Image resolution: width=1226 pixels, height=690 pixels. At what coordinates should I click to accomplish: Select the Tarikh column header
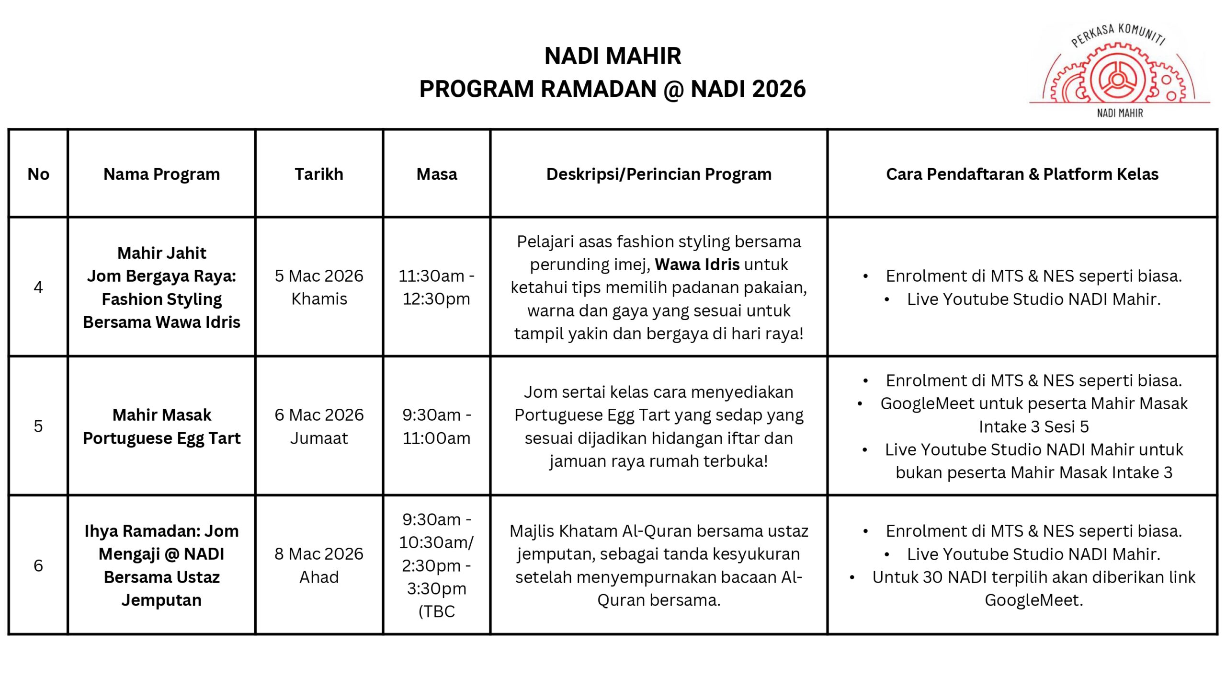[x=319, y=174]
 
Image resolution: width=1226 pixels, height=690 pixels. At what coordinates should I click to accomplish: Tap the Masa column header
[x=437, y=174]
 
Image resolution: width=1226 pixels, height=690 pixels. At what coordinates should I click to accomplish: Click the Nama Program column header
[x=162, y=174]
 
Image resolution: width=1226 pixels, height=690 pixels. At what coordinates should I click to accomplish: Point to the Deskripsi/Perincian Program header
[x=658, y=174]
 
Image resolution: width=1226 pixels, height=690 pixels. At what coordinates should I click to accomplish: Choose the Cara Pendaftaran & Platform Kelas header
[x=1022, y=174]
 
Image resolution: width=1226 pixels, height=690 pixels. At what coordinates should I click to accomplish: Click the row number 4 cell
[x=38, y=287]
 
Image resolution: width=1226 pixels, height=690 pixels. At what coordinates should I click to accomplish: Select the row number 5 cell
[x=38, y=426]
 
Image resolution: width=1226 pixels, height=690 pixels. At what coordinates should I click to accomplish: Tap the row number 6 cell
[x=38, y=565]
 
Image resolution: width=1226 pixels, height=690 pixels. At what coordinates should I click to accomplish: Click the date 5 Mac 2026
[x=319, y=276]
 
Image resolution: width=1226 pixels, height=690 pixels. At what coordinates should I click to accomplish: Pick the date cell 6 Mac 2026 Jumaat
[x=319, y=426]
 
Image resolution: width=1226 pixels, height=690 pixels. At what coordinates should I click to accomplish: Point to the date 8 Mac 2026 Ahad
[x=319, y=565]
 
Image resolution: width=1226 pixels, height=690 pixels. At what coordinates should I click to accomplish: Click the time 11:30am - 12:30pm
[x=437, y=287]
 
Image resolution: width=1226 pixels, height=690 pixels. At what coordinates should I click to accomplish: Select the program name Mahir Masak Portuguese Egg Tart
[x=162, y=426]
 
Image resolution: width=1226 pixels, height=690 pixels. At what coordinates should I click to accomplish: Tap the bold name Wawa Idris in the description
[x=697, y=264]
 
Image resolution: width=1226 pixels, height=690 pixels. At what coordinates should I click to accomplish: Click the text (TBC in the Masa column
[x=437, y=611]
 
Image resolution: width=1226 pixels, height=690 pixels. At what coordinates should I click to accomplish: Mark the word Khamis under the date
[x=319, y=299]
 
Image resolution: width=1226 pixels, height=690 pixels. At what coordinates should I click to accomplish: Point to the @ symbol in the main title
[x=673, y=90]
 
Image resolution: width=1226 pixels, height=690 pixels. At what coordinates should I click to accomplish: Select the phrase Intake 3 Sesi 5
[x=1033, y=426]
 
